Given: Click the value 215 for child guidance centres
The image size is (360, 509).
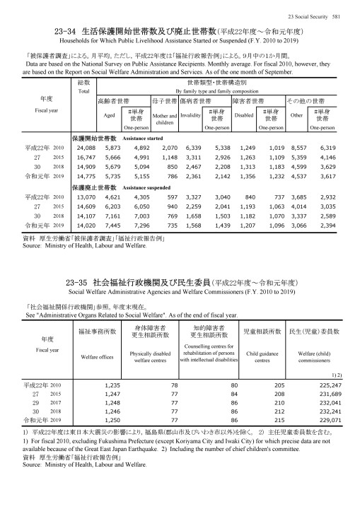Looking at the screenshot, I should (267, 419).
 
